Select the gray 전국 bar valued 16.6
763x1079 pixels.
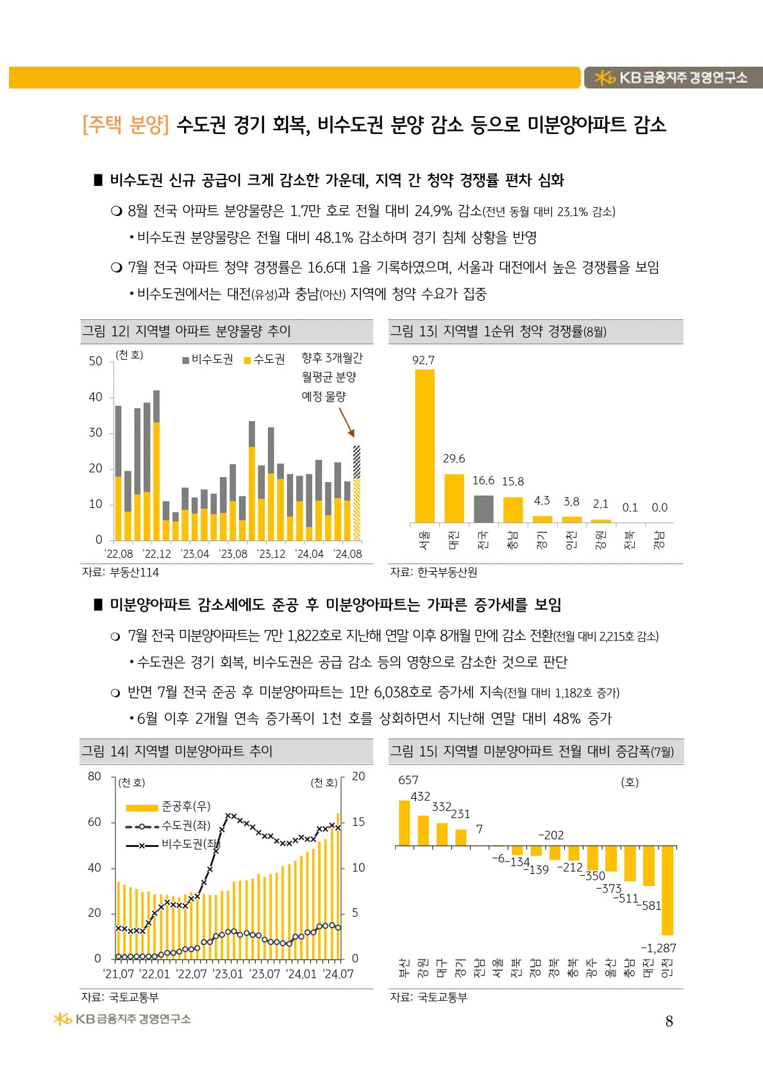[x=483, y=508]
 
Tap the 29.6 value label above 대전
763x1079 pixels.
[x=454, y=458]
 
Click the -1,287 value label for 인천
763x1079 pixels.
[x=658, y=948]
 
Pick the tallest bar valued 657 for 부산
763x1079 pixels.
[x=405, y=823]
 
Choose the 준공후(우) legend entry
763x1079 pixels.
[x=168, y=807]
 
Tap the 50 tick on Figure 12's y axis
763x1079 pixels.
[x=96, y=361]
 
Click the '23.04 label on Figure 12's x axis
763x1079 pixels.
[x=195, y=554]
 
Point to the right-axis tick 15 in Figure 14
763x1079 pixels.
[x=358, y=822]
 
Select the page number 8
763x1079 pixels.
[x=669, y=1021]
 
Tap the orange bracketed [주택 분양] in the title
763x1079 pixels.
[x=126, y=124]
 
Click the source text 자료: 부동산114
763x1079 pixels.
[x=121, y=572]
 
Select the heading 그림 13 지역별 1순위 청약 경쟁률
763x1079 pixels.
[x=498, y=331]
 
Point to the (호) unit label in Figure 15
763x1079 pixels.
[x=630, y=782]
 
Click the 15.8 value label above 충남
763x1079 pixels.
[x=513, y=481]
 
